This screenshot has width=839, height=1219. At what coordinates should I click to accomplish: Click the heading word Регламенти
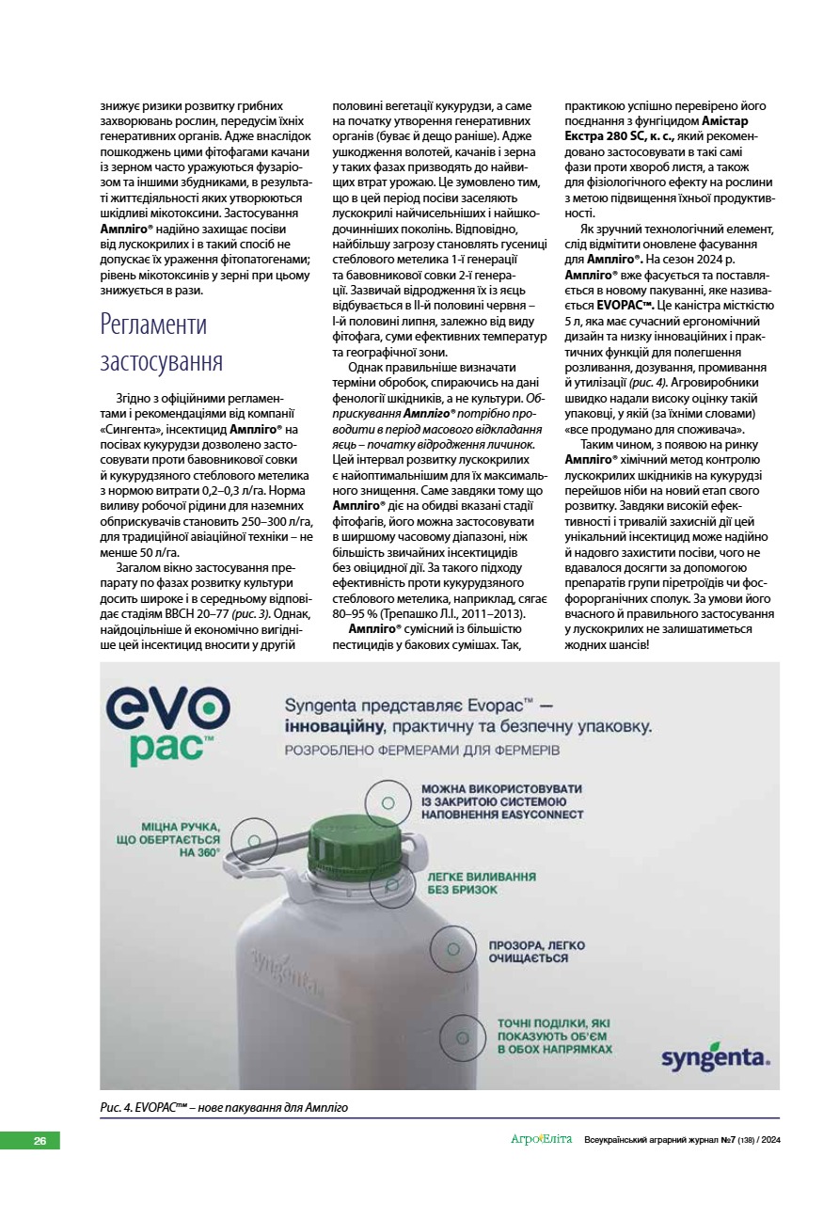[x=153, y=325]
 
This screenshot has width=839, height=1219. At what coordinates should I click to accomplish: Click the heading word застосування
[x=161, y=362]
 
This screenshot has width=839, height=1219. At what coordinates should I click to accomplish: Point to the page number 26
[x=40, y=1141]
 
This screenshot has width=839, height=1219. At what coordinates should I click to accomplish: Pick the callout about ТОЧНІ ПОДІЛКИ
[x=555, y=1035]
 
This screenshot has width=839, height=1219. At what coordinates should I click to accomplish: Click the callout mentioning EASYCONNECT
[x=502, y=801]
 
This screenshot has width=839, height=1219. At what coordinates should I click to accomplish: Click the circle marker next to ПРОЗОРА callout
[x=453, y=949]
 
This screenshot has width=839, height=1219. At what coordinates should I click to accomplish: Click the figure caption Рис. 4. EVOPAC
[x=224, y=1107]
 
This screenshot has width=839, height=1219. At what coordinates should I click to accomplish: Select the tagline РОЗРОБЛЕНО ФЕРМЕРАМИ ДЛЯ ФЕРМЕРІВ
[x=422, y=751]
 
